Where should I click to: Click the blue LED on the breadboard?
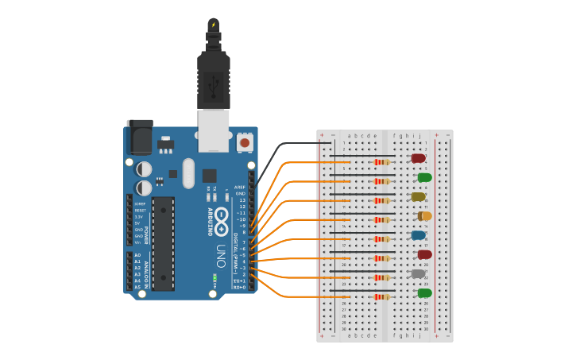coord(417,235)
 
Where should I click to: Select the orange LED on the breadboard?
coord(425,216)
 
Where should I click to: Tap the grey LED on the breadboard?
coord(417,273)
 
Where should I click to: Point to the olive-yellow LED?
coord(417,196)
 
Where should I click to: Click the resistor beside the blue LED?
coord(381,238)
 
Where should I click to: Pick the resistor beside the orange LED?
coord(381,219)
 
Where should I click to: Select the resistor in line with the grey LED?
coord(381,277)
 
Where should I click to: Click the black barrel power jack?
coord(139,137)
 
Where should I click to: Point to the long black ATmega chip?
coord(163,243)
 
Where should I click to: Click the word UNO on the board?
coord(222,255)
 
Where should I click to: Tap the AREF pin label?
coord(240,188)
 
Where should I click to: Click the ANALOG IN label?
coord(146,271)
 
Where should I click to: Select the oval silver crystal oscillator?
coord(188,172)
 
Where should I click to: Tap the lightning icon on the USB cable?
coord(213,25)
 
